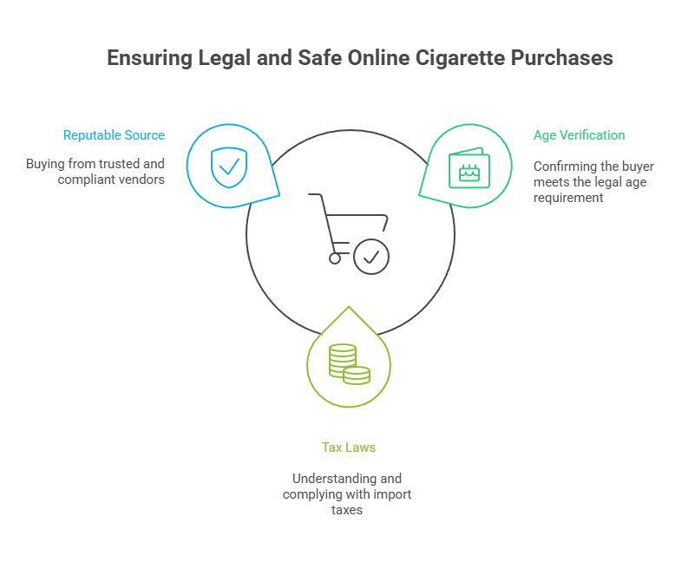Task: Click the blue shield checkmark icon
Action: (228, 166)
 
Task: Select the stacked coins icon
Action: (349, 363)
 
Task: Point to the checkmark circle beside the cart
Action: (371, 257)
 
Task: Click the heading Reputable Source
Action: (114, 135)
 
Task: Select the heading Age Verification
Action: (579, 135)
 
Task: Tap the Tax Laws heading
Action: (348, 448)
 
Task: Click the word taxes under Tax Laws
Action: (348, 510)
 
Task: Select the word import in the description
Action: (392, 494)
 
